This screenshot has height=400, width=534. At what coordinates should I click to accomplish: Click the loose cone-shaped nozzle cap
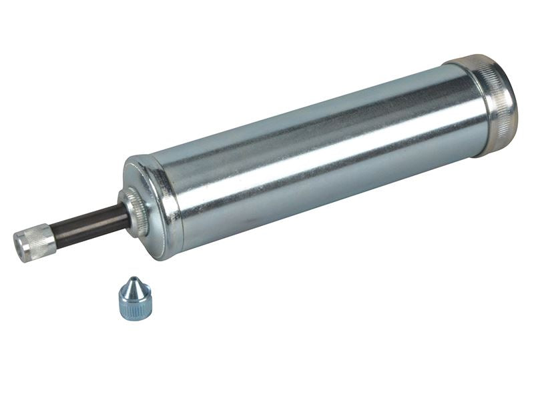pos(136,299)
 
